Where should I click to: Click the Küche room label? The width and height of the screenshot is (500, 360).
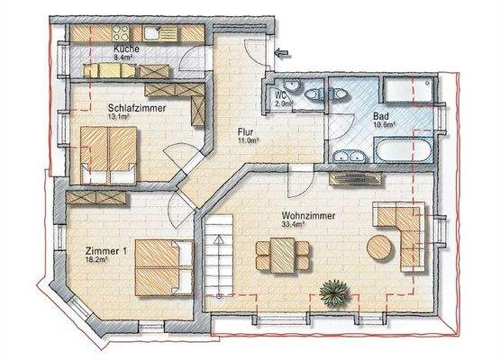click(124, 50)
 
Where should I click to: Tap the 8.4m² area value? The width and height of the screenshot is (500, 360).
click(124, 58)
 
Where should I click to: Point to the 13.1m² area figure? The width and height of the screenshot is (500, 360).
click(119, 116)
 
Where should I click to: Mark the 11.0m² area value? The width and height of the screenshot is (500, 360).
click(248, 141)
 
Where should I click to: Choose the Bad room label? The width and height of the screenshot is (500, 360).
click(380, 116)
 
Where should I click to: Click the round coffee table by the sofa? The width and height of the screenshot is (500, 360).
click(378, 247)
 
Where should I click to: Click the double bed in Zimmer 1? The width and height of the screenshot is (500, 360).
click(162, 265)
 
